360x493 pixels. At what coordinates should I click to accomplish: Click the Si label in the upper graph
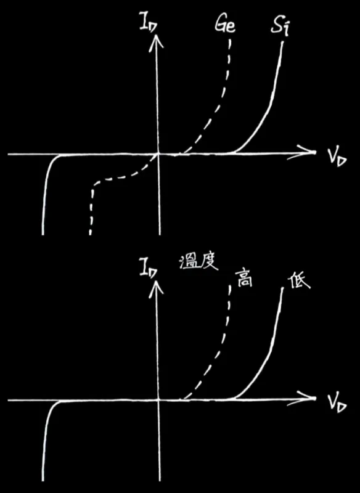tap(280, 26)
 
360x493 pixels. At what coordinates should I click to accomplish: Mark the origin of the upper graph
tap(159, 153)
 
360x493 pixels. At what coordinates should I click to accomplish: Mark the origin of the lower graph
tap(159, 399)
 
